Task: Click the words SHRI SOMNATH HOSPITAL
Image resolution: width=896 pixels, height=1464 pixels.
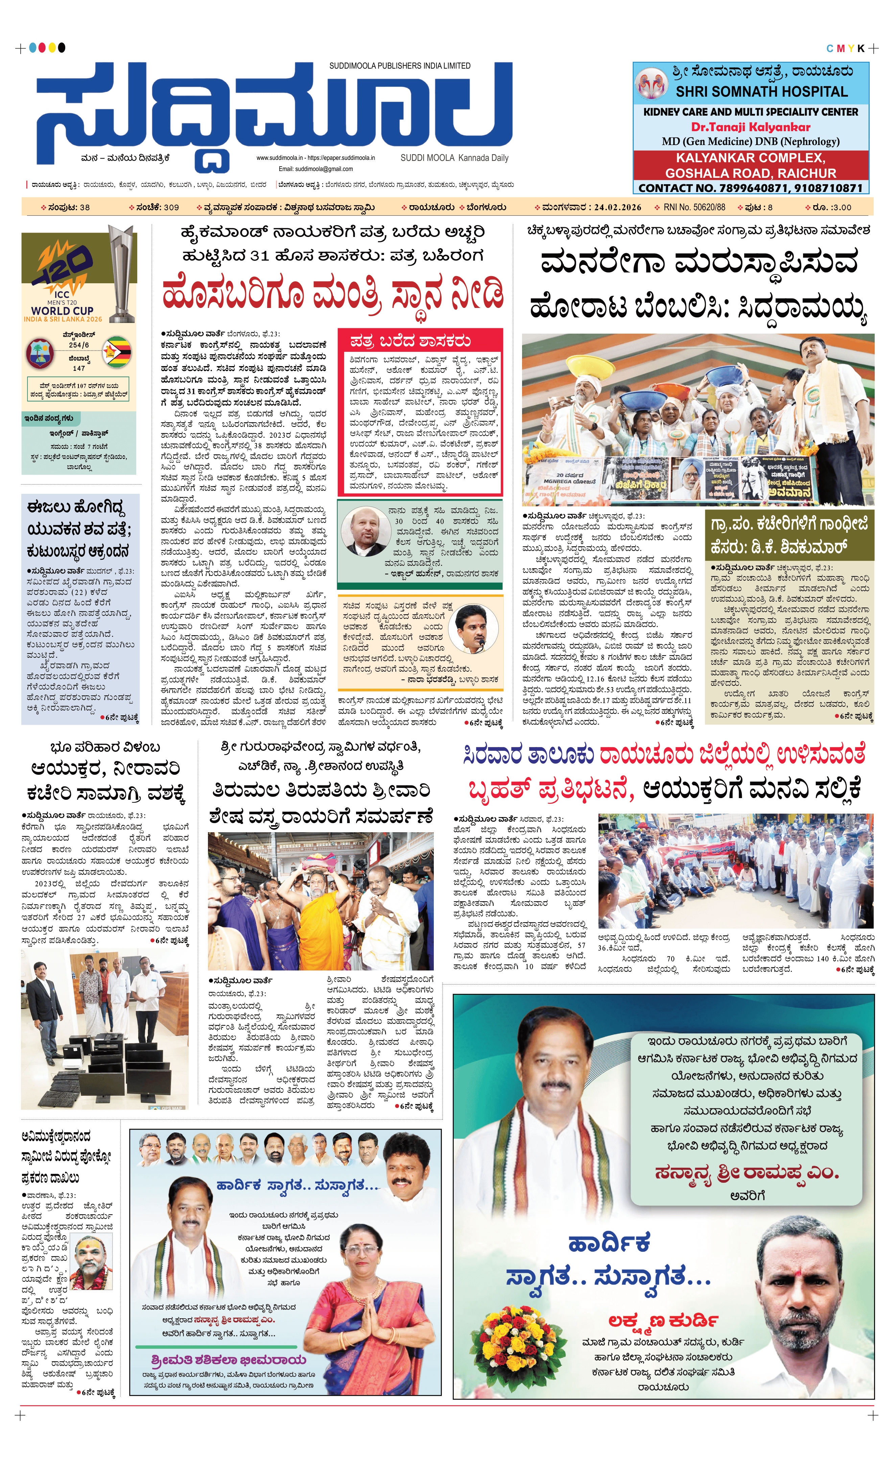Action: tap(761, 92)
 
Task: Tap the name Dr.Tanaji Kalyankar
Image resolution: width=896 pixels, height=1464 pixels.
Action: tap(750, 126)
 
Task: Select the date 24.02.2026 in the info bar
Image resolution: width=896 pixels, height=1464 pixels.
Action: tap(617, 207)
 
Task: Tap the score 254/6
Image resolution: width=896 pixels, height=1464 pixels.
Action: tap(79, 344)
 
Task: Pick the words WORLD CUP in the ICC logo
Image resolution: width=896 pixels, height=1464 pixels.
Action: tap(63, 310)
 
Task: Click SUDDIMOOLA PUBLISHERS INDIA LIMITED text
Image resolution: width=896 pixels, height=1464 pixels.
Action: tap(400, 66)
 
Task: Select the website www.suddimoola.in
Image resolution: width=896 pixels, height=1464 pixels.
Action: tap(280, 158)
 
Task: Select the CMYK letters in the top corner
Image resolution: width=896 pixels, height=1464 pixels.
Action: tap(846, 49)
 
